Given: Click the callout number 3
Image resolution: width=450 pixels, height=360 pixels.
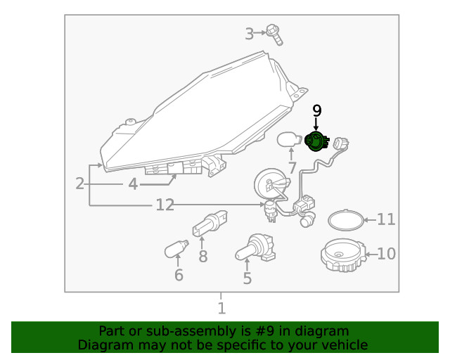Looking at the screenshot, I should (x=249, y=33).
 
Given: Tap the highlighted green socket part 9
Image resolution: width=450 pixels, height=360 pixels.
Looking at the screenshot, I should (x=316, y=141).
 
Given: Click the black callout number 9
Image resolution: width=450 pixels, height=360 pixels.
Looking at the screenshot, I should (x=316, y=110).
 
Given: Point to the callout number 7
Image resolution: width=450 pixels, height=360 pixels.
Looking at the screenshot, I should (x=292, y=168).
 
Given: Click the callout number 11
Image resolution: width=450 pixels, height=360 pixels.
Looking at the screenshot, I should (x=386, y=220).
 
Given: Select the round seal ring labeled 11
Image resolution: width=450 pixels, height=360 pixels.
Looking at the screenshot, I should (x=346, y=219).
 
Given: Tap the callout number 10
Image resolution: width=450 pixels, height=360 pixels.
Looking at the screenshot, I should (x=386, y=254).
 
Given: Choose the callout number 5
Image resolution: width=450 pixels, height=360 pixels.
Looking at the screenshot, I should (x=247, y=278).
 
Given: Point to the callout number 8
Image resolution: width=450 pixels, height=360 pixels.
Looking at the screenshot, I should (x=202, y=257).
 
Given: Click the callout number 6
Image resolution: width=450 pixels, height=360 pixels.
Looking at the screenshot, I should (x=179, y=275).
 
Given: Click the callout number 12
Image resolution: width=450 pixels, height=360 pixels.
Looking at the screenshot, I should (x=165, y=205).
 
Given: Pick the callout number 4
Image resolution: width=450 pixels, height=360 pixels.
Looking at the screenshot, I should (x=133, y=185).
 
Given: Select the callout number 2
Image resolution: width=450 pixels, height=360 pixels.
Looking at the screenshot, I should (x=80, y=184).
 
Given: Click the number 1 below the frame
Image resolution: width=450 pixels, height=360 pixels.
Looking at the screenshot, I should (x=221, y=308).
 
